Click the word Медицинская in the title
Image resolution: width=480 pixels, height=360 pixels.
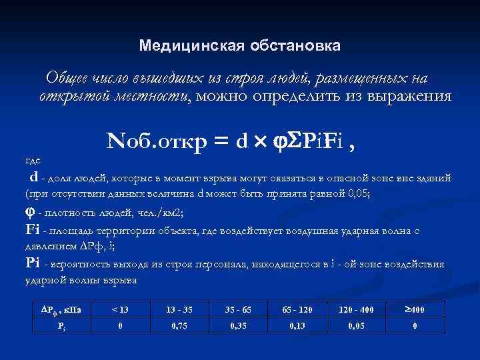click(x=182, y=46)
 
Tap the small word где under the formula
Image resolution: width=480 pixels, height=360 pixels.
click(x=32, y=161)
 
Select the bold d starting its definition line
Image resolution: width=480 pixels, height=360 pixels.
click(x=33, y=177)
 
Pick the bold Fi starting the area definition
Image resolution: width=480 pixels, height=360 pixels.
click(x=32, y=230)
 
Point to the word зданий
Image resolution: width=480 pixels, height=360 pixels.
click(x=435, y=179)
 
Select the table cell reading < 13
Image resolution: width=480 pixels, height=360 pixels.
click(x=120, y=310)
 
